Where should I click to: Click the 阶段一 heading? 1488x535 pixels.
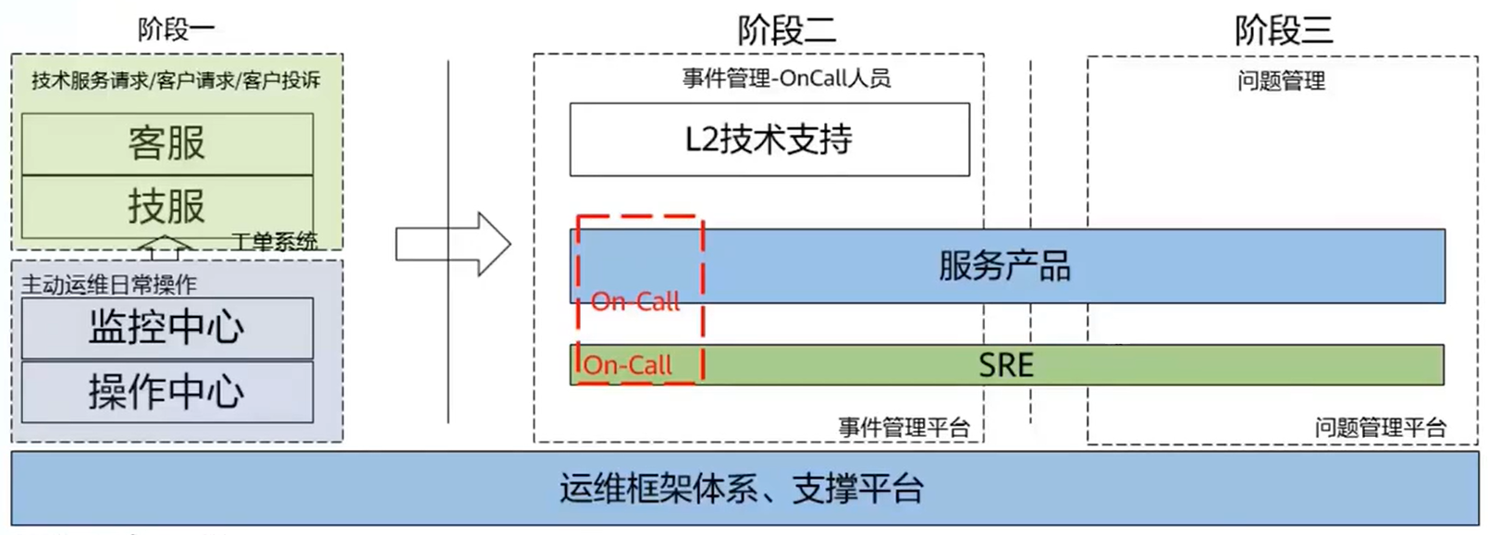pos(176,30)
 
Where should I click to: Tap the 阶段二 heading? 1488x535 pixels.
pos(786,30)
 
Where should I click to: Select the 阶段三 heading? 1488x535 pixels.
pos(1283,30)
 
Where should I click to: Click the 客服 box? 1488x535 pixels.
pos(166,143)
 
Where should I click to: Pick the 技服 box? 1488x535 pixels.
pos(166,205)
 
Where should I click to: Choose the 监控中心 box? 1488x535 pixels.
pos(166,327)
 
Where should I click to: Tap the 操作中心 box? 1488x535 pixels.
pos(166,392)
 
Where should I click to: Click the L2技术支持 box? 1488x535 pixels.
pos(769,140)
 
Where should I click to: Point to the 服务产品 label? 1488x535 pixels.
pos(1004,266)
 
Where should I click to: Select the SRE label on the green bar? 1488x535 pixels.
pos(1005,365)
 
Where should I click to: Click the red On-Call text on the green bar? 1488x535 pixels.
pos(628,365)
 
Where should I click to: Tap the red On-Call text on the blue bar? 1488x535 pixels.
pos(635,301)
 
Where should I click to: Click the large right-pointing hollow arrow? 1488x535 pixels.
pos(453,244)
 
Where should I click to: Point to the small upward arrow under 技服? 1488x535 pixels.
pos(164,245)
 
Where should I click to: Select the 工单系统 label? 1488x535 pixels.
pos(274,242)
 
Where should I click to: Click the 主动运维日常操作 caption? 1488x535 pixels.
pos(109,284)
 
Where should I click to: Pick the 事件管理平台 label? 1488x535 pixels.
pos(904,427)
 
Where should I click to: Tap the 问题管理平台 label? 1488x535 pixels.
pos(1380,427)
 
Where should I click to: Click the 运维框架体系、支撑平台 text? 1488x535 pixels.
pos(741,489)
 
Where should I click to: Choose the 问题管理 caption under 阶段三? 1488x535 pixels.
pos(1281,81)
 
